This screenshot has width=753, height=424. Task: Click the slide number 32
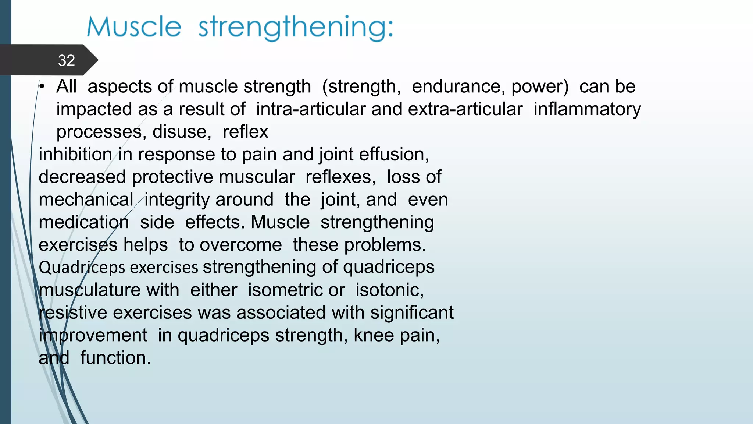66,60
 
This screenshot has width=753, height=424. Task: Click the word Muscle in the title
134,27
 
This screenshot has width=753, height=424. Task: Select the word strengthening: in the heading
296,28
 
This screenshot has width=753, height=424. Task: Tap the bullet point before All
42,87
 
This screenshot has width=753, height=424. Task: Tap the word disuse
182,132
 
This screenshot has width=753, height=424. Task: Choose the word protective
213,177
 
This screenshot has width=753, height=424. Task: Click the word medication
84,222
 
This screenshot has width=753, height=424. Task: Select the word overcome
240,245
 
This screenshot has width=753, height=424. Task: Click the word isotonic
389,290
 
